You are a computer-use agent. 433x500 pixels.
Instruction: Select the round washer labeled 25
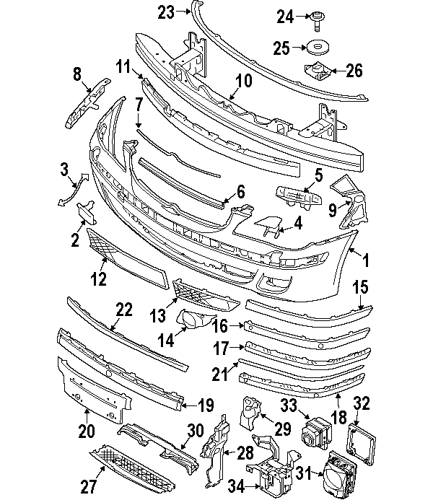coord(318,48)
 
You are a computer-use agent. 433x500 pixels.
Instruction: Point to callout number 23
coord(166,12)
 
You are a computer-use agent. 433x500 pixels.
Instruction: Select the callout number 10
coord(243,81)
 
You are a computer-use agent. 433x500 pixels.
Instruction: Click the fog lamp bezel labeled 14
coord(193,321)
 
